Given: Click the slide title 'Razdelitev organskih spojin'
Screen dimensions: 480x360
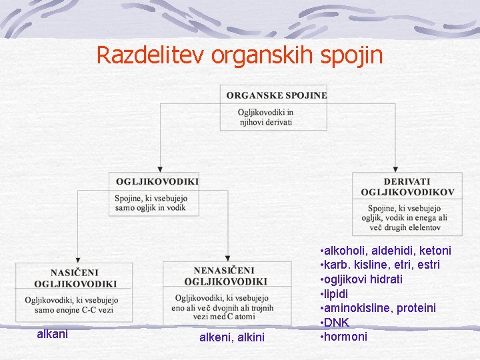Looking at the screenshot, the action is tap(240, 55).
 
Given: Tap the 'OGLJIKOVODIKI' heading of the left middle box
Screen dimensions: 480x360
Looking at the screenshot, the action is tap(157, 181).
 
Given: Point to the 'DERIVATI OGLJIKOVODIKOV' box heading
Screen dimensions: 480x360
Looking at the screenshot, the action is tap(407, 187).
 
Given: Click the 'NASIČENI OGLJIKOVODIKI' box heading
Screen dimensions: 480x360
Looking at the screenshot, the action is tap(75, 277).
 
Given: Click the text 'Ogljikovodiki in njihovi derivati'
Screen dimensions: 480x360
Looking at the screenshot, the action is tap(265, 117).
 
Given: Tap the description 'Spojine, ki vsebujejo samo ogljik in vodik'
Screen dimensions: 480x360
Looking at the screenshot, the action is tap(151, 203).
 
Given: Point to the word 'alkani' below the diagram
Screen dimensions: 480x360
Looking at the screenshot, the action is tap(52, 333).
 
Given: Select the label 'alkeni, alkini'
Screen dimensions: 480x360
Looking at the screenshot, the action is tap(232, 338).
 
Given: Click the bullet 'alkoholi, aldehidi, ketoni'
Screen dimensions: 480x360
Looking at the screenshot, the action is tap(387, 251).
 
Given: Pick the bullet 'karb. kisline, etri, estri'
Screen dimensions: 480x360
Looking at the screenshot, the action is tap(381, 265).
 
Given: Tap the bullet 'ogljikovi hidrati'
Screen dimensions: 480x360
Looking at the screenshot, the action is tap(363, 279).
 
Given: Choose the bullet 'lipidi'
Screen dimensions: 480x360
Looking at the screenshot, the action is tap(336, 293).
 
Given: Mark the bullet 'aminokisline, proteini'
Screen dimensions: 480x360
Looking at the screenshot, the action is tap(380, 307).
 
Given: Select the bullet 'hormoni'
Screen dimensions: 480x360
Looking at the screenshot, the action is tap(345, 336).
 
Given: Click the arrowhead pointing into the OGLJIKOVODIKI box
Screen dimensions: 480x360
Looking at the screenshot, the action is tap(160, 169).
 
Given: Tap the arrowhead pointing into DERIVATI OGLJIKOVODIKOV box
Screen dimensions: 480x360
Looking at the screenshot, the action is tap(395, 169).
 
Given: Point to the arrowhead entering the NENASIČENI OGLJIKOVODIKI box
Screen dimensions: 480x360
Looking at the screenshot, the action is tap(227, 258).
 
